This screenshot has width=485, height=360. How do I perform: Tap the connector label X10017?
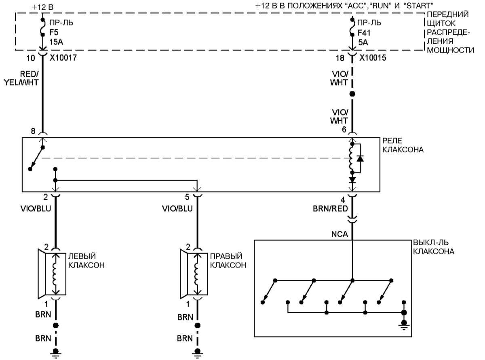pos(63,58)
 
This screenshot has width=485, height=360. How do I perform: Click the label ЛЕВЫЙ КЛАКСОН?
pos(87,261)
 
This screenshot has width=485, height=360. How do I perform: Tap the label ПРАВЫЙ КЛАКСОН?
pos(228,261)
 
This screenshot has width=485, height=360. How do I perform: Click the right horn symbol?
pos(194,273)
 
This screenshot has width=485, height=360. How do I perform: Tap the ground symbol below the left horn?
pos(56,353)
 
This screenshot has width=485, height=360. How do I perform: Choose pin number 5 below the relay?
pos(187,198)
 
